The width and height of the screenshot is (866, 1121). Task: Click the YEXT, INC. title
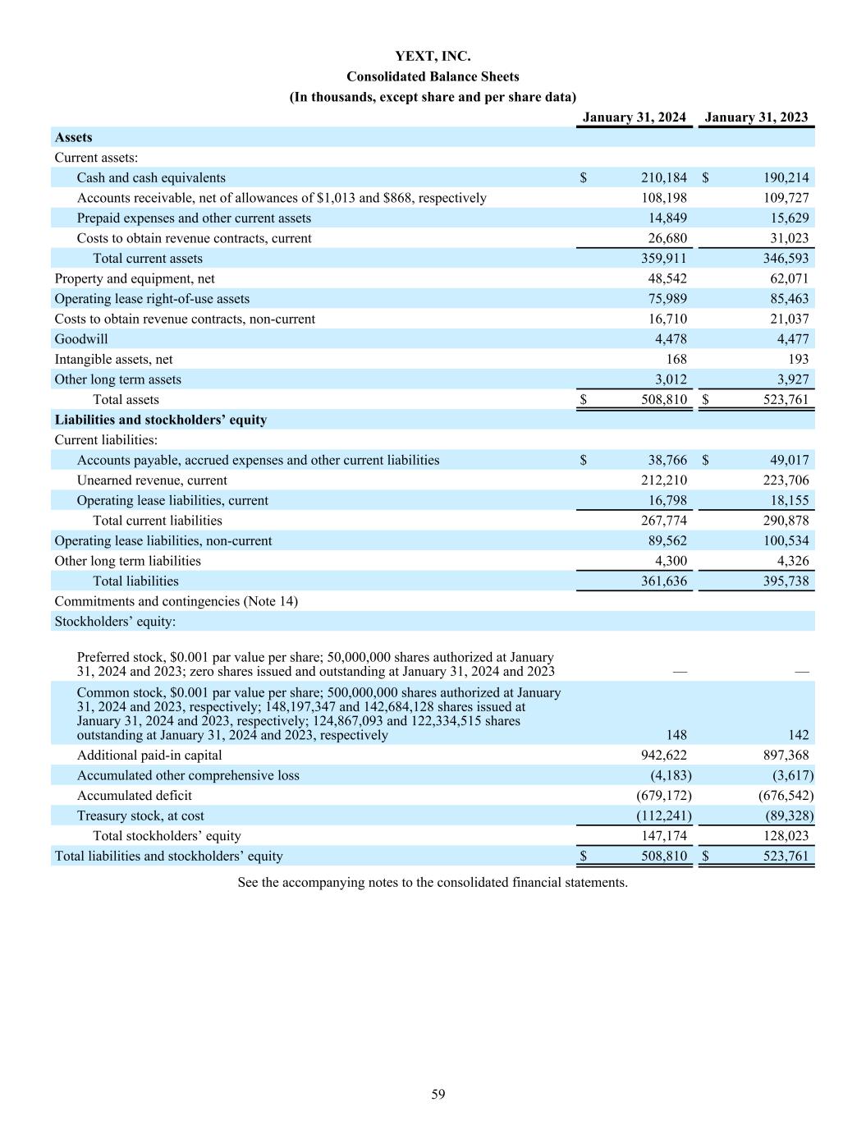(x=433, y=57)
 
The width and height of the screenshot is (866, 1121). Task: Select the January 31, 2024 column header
(x=634, y=117)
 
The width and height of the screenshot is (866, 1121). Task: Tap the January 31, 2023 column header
(x=756, y=117)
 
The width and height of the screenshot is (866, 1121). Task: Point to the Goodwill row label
(x=81, y=339)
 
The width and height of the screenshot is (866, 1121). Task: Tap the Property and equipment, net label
(x=135, y=279)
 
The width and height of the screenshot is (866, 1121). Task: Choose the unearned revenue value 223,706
(x=786, y=480)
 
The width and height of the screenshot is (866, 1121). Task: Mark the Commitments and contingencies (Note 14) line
(x=176, y=601)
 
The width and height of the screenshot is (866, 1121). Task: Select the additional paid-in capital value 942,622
(x=663, y=756)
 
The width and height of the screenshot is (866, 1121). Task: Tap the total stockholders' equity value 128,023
(x=786, y=836)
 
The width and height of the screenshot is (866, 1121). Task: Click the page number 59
(x=438, y=1094)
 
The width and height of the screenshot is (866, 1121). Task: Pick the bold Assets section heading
(x=73, y=138)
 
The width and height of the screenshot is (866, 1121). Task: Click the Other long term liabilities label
(x=127, y=561)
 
